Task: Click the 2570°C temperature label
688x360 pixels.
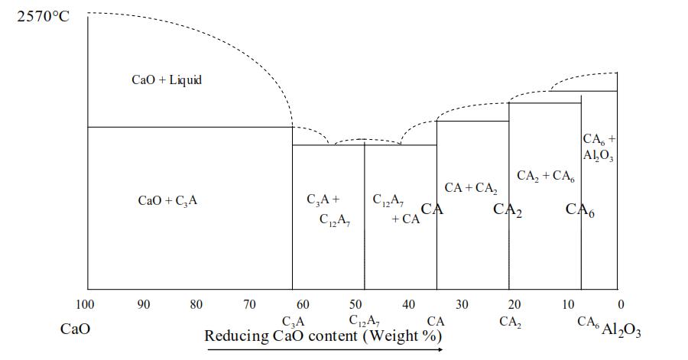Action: coord(43,16)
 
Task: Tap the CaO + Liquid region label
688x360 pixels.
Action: coord(166,80)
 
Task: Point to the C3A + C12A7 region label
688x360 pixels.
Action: coord(328,210)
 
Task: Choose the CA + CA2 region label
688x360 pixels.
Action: coord(471,188)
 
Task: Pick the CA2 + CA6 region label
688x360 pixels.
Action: coord(546,176)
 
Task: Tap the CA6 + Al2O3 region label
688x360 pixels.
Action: coord(599,147)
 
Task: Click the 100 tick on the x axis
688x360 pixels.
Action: coord(85,305)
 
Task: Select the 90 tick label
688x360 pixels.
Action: coord(143,305)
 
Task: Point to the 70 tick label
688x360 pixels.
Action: coord(249,305)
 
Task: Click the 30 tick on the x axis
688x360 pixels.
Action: coord(462,305)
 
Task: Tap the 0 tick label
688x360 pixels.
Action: coord(621,305)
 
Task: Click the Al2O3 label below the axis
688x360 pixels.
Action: coord(621,331)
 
